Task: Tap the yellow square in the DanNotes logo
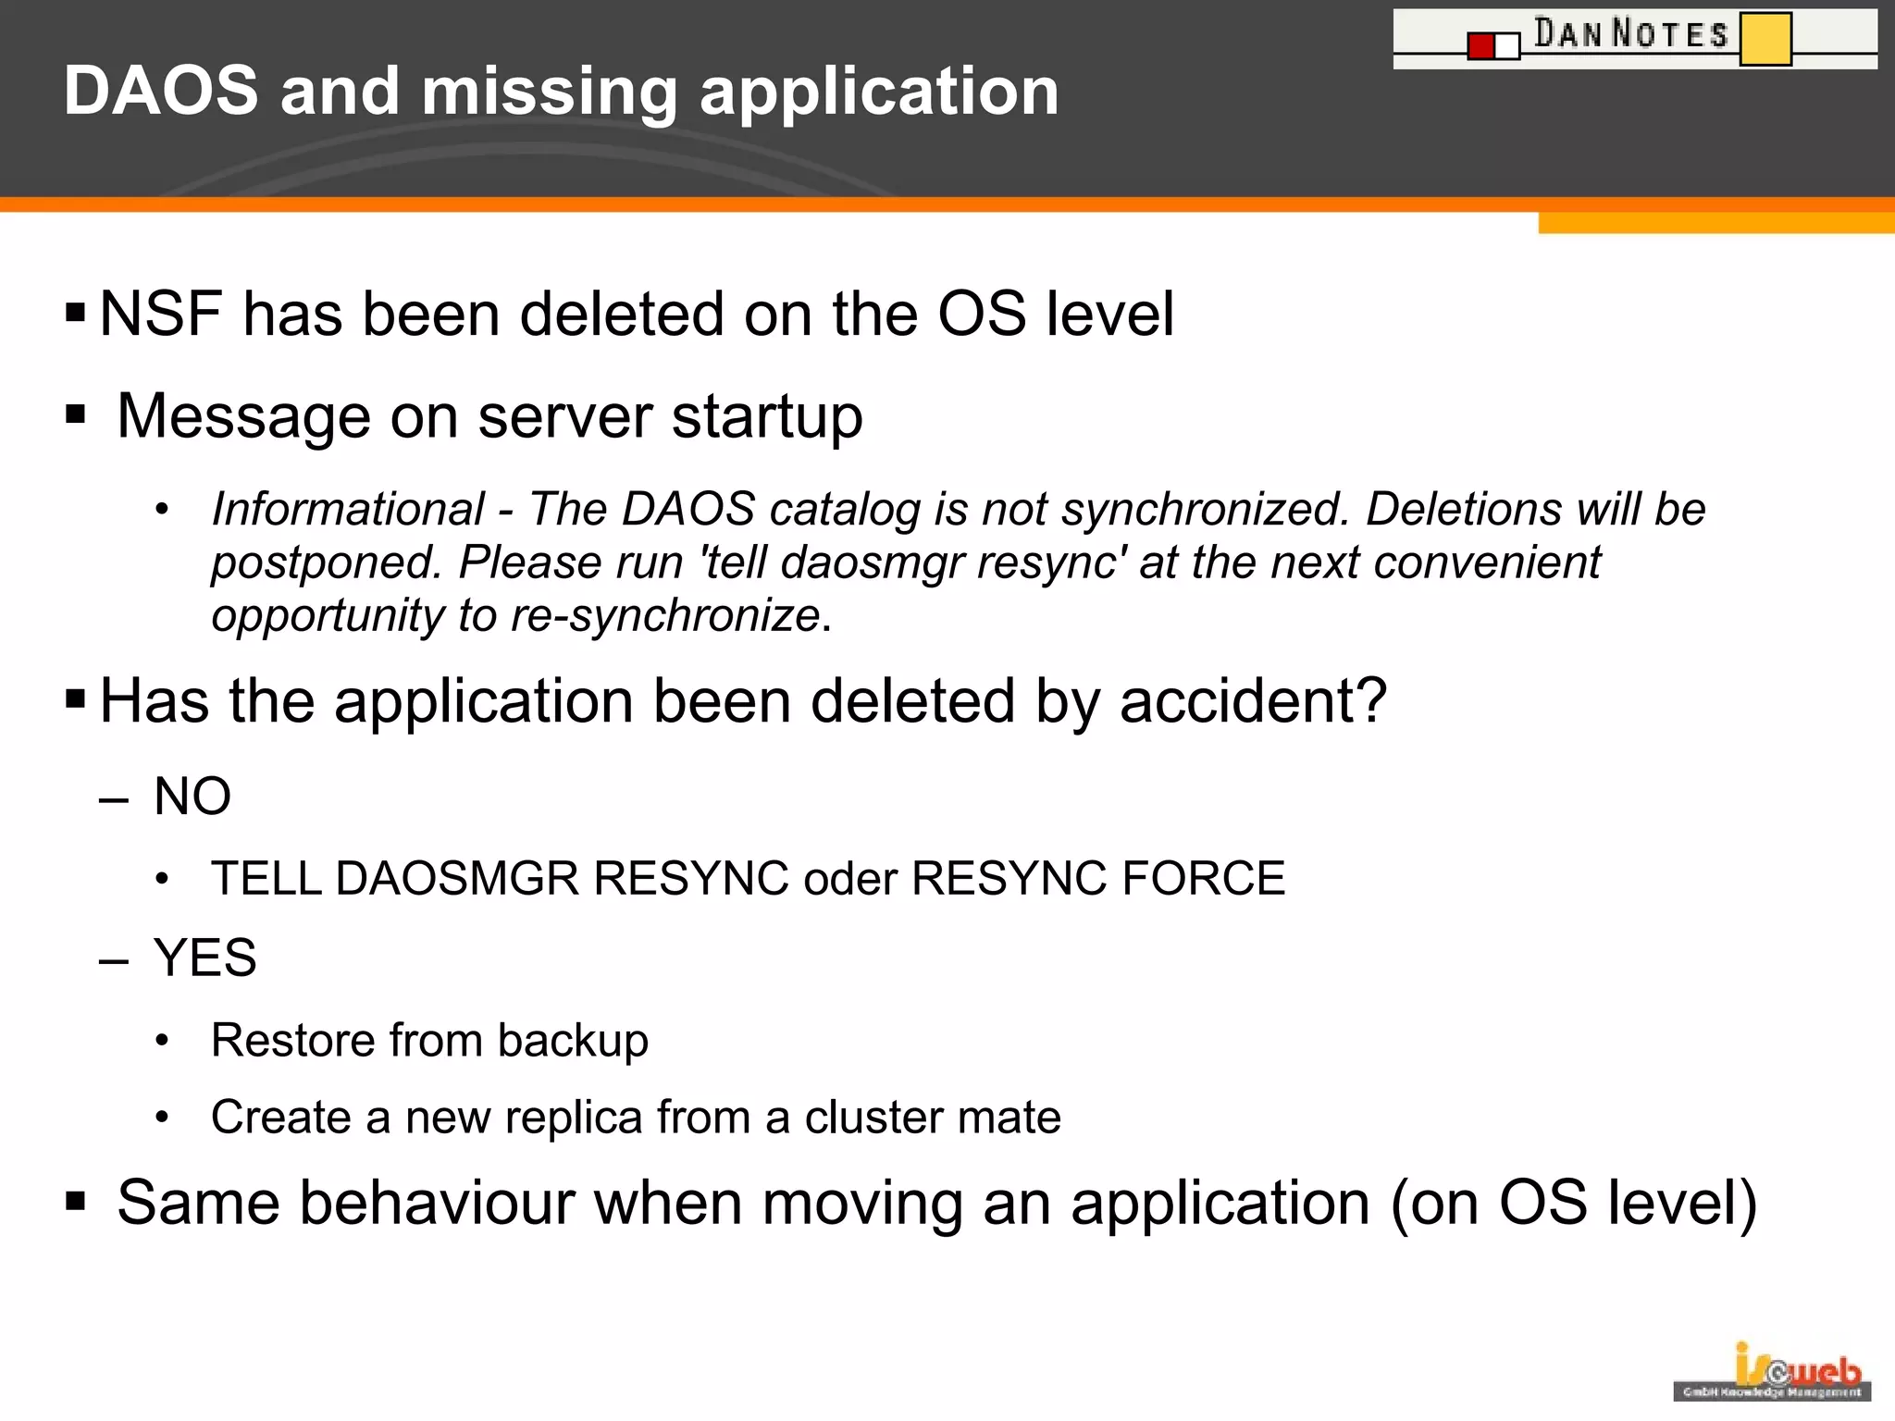pos(1765,38)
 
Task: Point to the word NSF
pos(160,314)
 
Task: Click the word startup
pos(767,417)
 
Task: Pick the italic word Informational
pos(348,509)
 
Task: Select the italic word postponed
pos(326,562)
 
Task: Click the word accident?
pos(1253,700)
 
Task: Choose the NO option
pos(192,796)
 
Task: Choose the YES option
pos(204,958)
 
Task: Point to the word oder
pos(850,879)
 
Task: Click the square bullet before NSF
pos(76,312)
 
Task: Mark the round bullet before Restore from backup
pos(162,1041)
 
